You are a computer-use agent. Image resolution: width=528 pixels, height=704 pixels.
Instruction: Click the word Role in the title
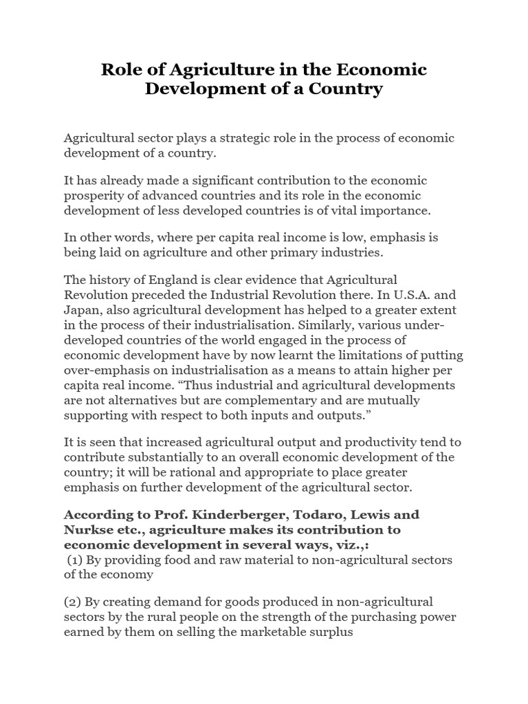pos(122,69)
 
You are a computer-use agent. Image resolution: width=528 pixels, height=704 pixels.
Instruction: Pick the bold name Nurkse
pos(86,529)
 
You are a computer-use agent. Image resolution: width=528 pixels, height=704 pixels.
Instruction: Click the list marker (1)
pos(75,560)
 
